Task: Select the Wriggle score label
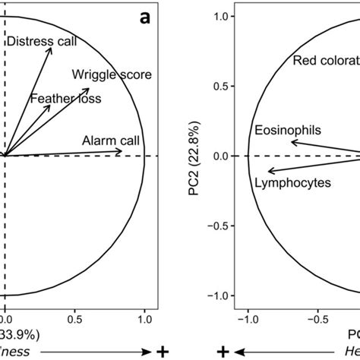tap(112, 74)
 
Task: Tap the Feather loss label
tap(65, 99)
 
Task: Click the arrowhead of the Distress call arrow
tap(52, 47)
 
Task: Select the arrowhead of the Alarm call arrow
tap(123, 152)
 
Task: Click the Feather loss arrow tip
tap(50, 106)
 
